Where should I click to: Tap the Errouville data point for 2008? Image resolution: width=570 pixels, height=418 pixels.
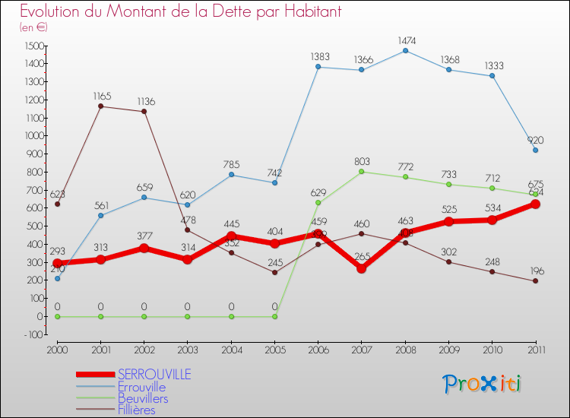[x=405, y=51]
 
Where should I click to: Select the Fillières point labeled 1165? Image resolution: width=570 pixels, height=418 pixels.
[x=101, y=106]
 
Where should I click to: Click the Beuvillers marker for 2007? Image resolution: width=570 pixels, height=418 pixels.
[x=362, y=172]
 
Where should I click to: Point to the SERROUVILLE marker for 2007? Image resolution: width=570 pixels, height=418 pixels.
[x=362, y=268]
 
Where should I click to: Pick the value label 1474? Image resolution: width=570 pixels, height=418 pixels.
[x=405, y=39]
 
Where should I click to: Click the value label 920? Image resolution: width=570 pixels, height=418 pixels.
[x=535, y=139]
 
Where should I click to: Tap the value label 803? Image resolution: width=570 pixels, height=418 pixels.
[x=362, y=160]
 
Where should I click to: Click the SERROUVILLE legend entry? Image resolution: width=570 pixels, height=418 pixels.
[x=154, y=375]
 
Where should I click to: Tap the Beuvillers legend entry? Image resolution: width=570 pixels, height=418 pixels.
[x=143, y=398]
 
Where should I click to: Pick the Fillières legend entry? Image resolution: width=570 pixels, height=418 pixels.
[x=136, y=410]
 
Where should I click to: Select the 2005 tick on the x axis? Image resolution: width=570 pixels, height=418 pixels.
[x=274, y=350]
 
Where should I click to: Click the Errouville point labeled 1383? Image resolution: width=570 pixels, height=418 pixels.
[x=318, y=67]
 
